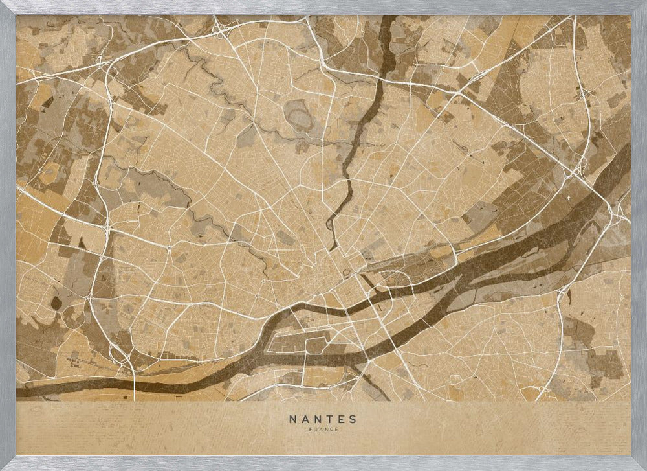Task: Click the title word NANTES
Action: tap(323, 419)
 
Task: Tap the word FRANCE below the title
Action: tap(323, 429)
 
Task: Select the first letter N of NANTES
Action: tap(292, 419)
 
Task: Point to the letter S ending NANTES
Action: tap(354, 419)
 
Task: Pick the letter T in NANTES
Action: tap(329, 419)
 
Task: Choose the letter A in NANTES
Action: tap(304, 419)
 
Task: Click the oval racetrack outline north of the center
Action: tap(300, 119)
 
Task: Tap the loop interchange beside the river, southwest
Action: tap(118, 353)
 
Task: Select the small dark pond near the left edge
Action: tap(56, 302)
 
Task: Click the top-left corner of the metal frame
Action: tap(3, 3)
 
